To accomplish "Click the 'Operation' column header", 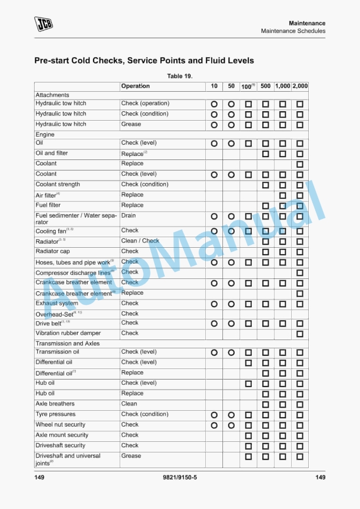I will pyautogui.click(x=135, y=86).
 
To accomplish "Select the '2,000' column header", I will pyautogui.click(x=300, y=86).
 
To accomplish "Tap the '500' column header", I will pyautogui.click(x=265, y=86).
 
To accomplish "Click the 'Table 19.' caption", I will pyautogui.click(x=180, y=76).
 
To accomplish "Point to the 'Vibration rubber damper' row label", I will pyautogui.click(x=68, y=333).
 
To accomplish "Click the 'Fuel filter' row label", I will pyautogui.click(x=48, y=205).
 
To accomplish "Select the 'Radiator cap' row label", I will pyautogui.click(x=52, y=251).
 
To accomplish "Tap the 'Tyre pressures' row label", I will pyautogui.click(x=55, y=414).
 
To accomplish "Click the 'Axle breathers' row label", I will pyautogui.click(x=55, y=404).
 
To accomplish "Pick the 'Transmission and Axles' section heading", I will pyautogui.click(x=68, y=343).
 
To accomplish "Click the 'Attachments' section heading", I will pyautogui.click(x=52, y=95).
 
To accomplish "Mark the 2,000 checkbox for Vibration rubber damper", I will pyautogui.click(x=300, y=334).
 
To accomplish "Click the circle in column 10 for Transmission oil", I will pyautogui.click(x=214, y=352).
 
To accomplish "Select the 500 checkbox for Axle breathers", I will pyautogui.click(x=265, y=405).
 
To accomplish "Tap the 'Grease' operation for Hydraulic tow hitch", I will pyautogui.click(x=131, y=124).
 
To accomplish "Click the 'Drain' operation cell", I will pyautogui.click(x=128, y=216).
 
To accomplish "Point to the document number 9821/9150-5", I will pyautogui.click(x=179, y=477).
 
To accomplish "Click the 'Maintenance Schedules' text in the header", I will pyautogui.click(x=293, y=31).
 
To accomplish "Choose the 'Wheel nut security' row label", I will pyautogui.click(x=60, y=424).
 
